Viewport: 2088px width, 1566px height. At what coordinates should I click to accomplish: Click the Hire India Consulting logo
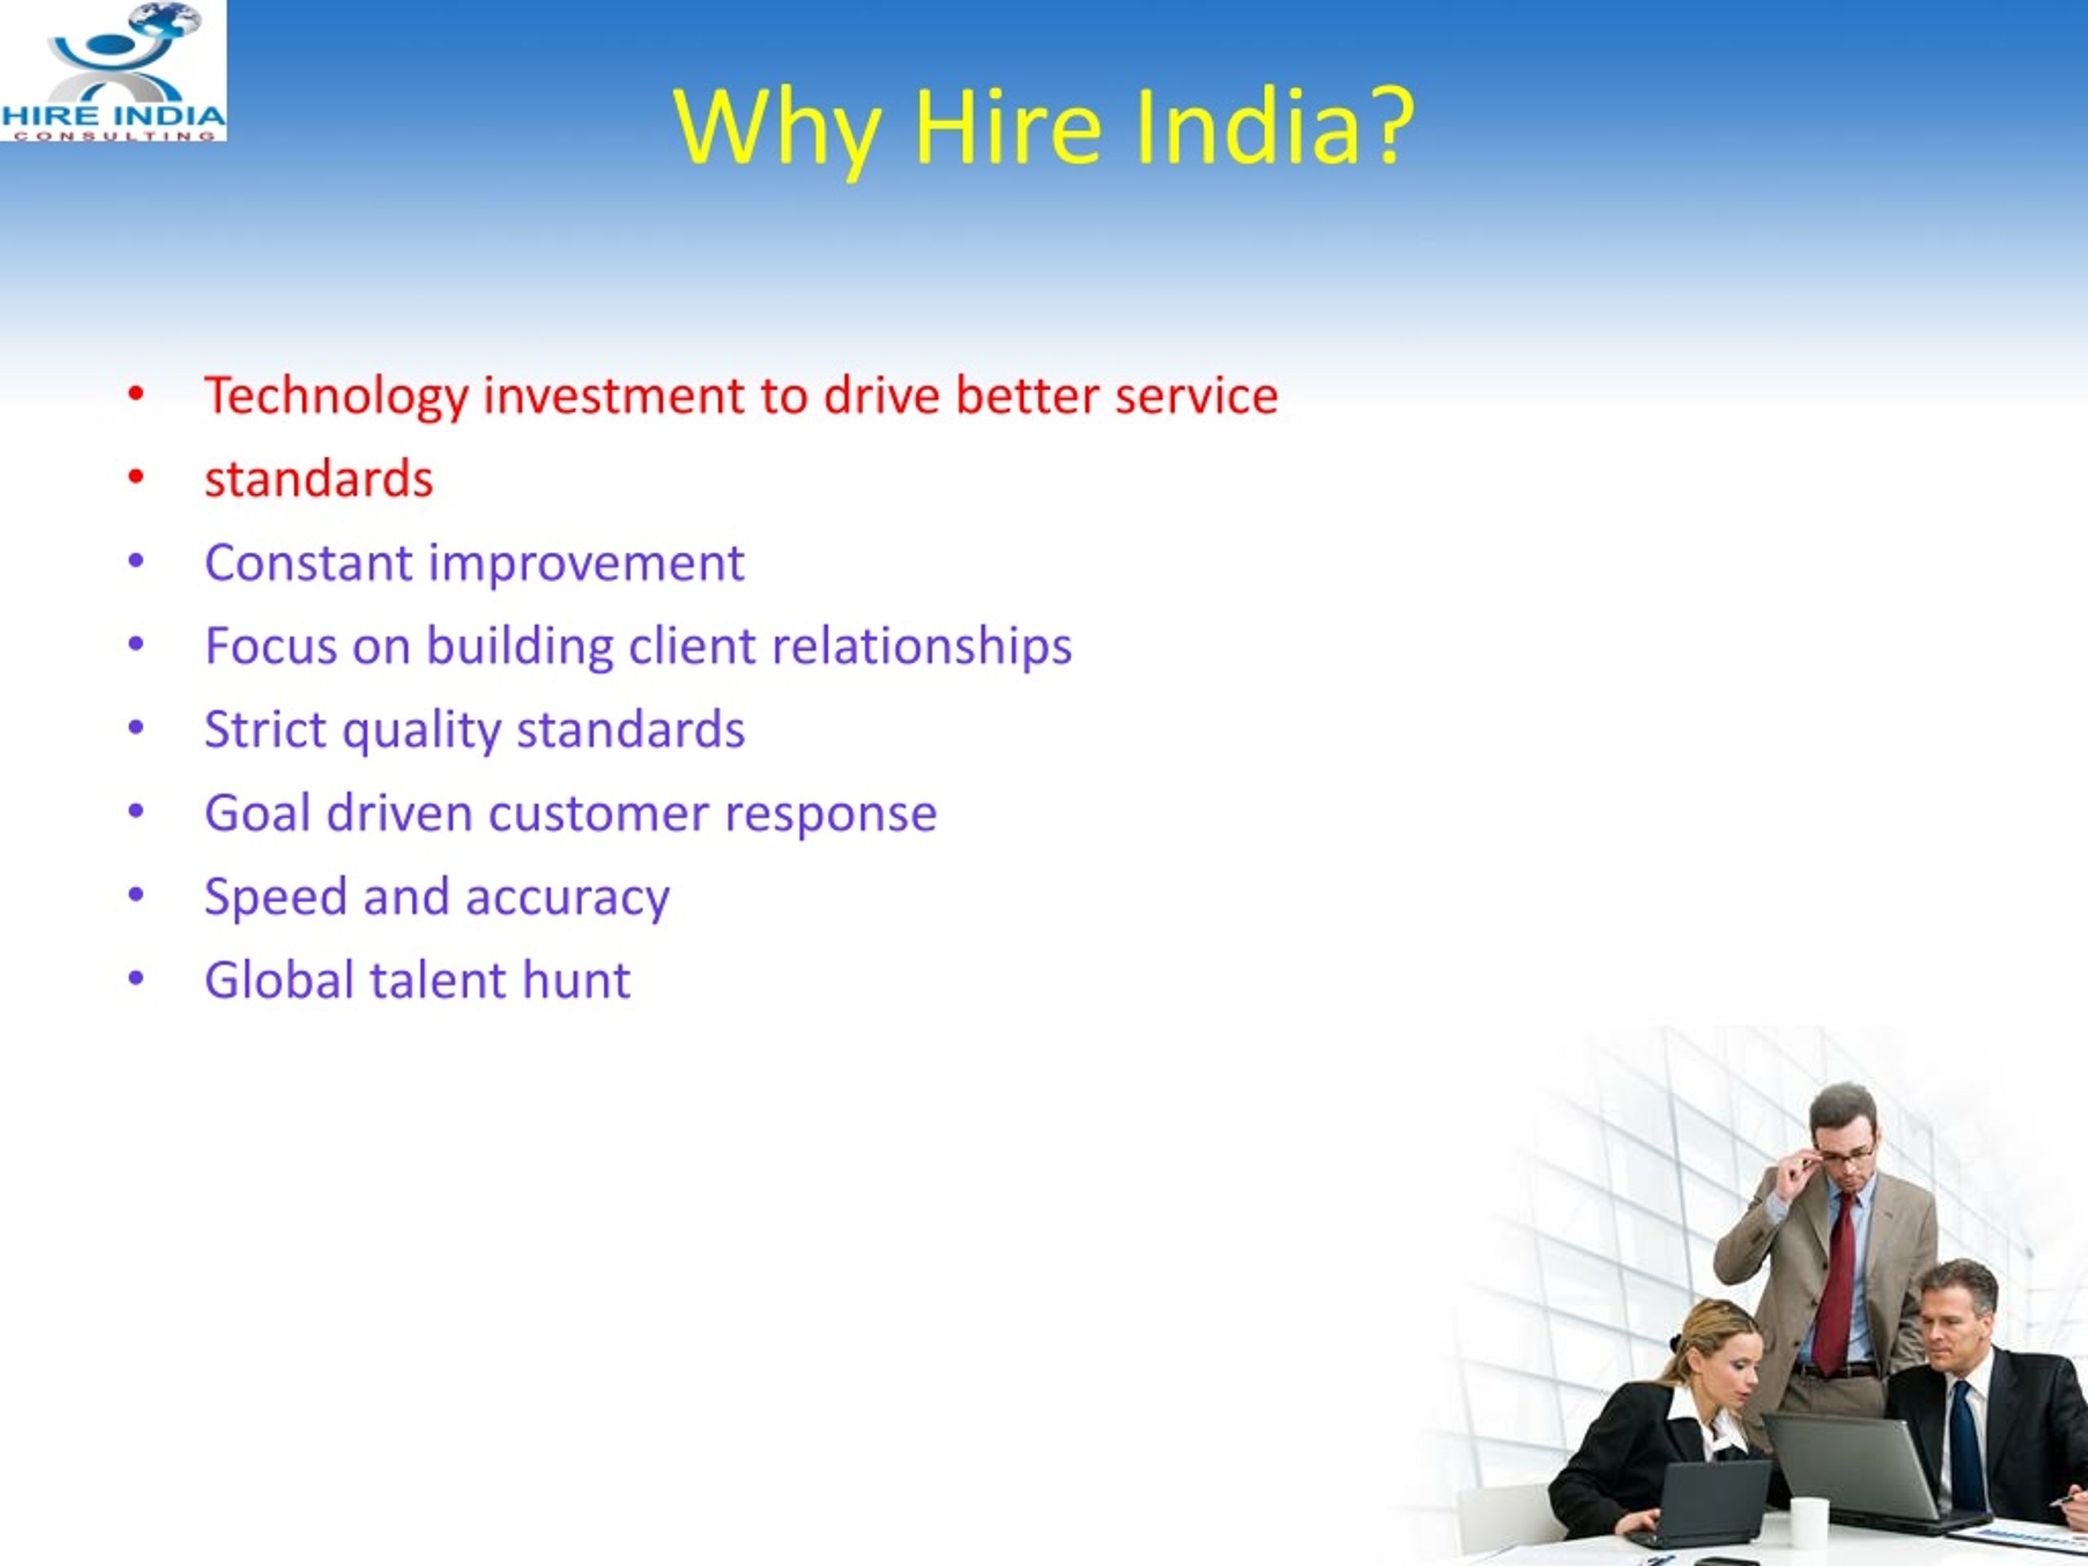[113, 71]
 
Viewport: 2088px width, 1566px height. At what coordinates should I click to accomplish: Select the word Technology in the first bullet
[336, 396]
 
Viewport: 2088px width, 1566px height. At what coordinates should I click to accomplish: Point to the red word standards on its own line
[319, 479]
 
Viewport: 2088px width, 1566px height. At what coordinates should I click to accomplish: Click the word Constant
[308, 563]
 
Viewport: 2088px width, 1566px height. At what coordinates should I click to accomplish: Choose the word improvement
[586, 564]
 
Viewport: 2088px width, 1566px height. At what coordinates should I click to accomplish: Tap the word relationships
[922, 648]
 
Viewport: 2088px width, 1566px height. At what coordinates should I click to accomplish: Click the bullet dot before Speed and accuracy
[136, 894]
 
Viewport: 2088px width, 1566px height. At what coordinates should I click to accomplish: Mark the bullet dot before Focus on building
[136, 644]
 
